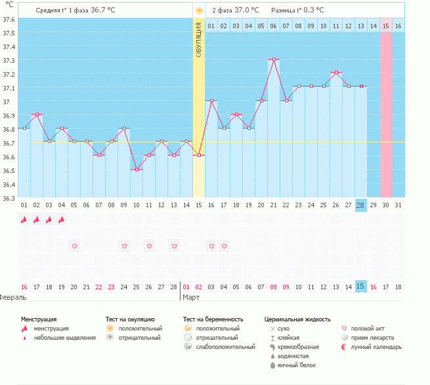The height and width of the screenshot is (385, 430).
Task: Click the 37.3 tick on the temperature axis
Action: click(8, 60)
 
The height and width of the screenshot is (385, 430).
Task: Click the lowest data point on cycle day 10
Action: click(137, 169)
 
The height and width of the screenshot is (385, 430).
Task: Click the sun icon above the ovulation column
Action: click(199, 11)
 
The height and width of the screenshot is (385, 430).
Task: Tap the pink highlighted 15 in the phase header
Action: click(386, 26)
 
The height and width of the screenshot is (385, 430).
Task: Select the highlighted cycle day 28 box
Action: click(360, 205)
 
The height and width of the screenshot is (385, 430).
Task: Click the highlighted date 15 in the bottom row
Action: click(360, 286)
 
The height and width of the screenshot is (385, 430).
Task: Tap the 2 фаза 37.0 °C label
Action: click(235, 10)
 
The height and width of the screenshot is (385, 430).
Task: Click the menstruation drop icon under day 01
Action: click(24, 220)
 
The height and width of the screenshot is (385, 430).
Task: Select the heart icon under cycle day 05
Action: click(74, 246)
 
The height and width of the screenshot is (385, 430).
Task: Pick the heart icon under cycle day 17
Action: click(224, 246)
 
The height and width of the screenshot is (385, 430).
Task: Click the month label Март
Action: click(191, 297)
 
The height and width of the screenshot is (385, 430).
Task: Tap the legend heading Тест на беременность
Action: click(217, 319)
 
